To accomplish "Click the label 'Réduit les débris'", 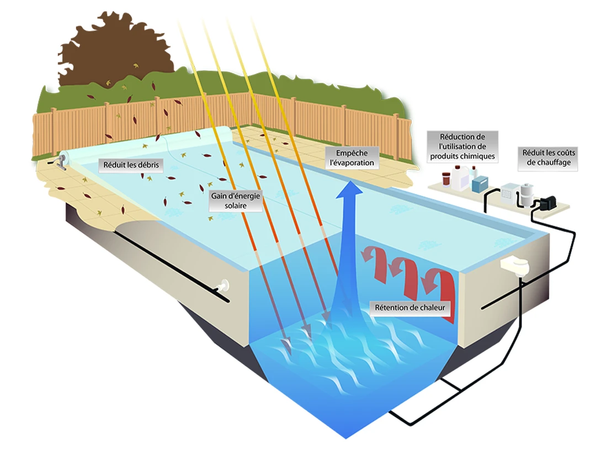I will click(130, 164).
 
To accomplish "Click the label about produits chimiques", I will click(462, 146).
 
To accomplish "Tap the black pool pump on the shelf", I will click(546, 204).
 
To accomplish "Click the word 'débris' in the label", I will click(148, 164).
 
